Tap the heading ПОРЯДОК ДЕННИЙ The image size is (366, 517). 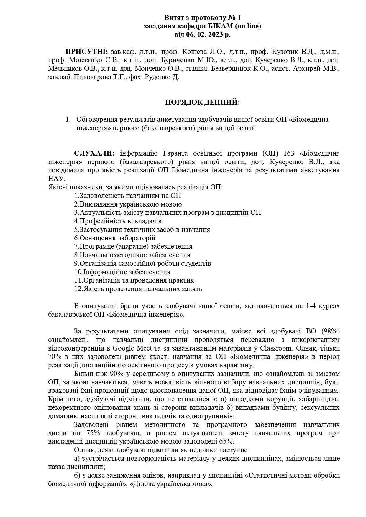click(x=203, y=102)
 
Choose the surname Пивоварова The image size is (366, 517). click(x=96, y=77)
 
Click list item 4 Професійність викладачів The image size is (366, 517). click(x=118, y=221)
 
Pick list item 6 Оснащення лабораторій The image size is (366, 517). click(x=115, y=238)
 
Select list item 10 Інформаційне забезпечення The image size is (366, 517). click(x=122, y=272)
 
